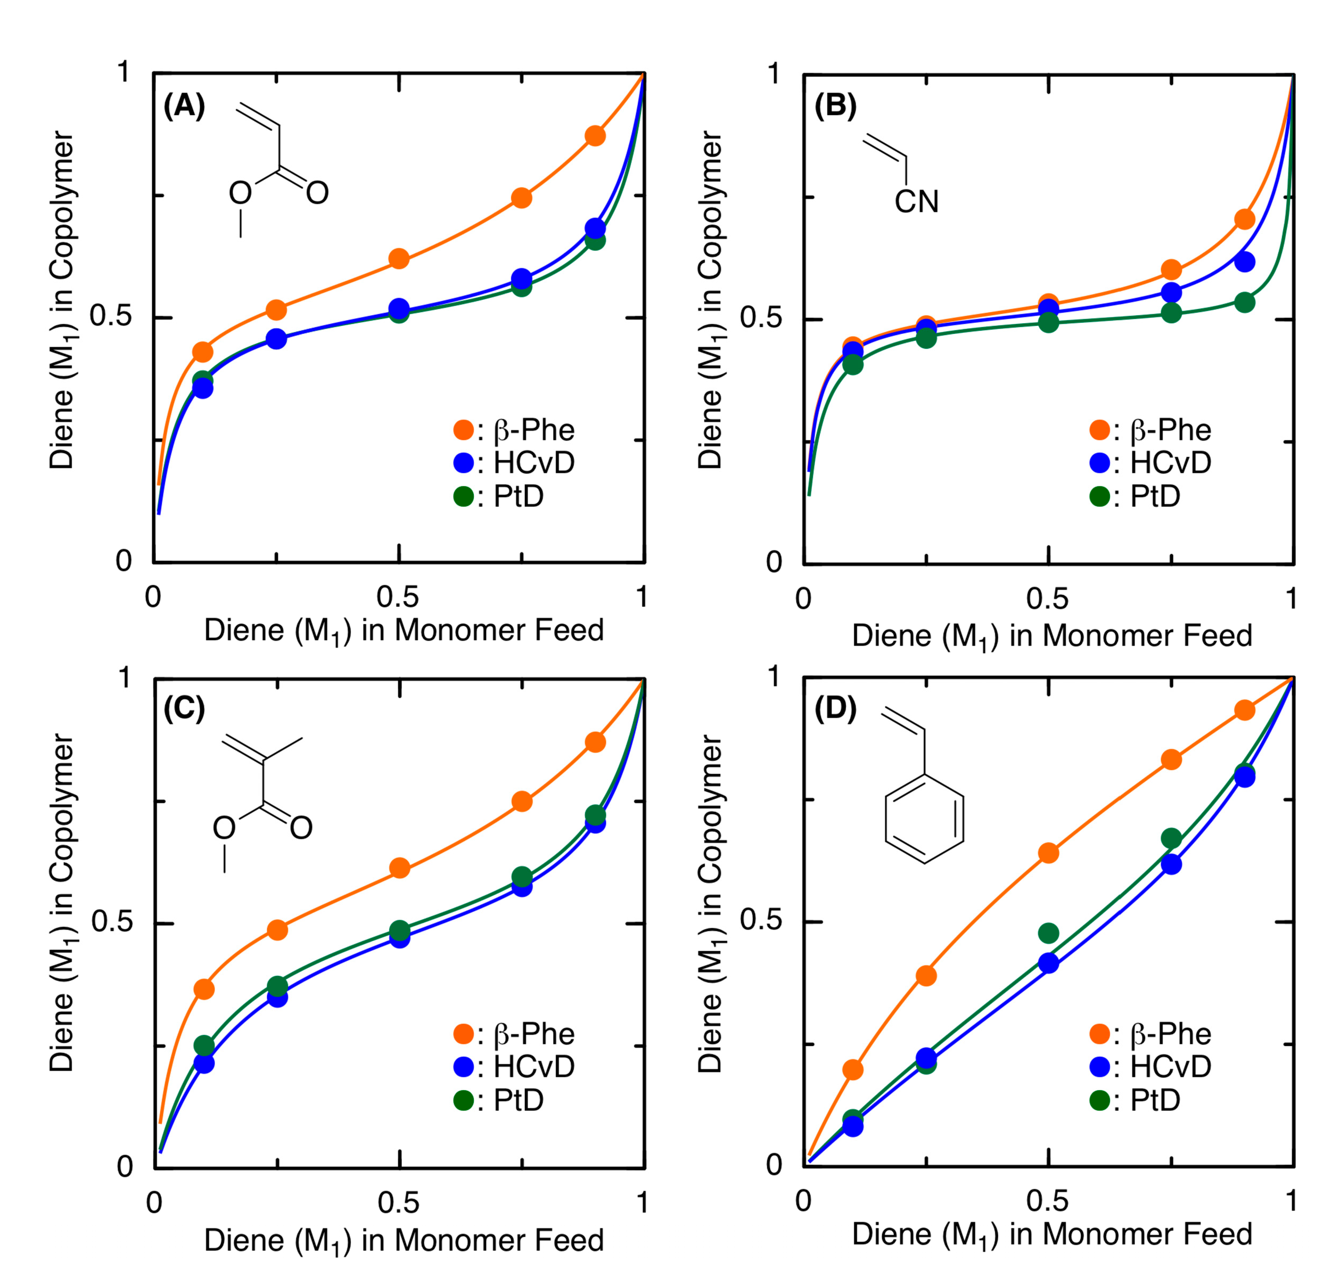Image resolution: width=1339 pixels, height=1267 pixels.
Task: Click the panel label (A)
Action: click(184, 106)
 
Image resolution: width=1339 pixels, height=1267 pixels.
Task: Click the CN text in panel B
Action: click(916, 201)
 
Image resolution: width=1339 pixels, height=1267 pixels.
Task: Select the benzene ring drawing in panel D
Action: click(924, 819)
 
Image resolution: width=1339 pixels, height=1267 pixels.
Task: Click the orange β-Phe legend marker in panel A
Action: click(464, 430)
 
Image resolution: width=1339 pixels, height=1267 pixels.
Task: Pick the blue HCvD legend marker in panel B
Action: click(1100, 463)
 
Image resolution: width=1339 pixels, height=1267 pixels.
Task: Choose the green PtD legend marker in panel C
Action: click(464, 1101)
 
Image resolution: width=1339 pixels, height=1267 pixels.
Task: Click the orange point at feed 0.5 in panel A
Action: click(399, 259)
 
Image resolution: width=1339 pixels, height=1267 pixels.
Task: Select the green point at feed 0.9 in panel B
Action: click(1244, 303)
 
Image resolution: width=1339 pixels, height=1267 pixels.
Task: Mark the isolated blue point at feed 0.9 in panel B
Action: click(1244, 262)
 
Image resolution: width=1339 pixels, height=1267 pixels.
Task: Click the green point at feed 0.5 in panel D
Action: click(1048, 934)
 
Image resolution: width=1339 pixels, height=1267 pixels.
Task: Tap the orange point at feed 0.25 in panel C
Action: click(277, 930)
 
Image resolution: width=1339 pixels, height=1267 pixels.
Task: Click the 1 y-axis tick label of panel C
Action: click(124, 677)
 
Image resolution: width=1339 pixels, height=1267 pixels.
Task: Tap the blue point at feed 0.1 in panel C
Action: click(204, 1064)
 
